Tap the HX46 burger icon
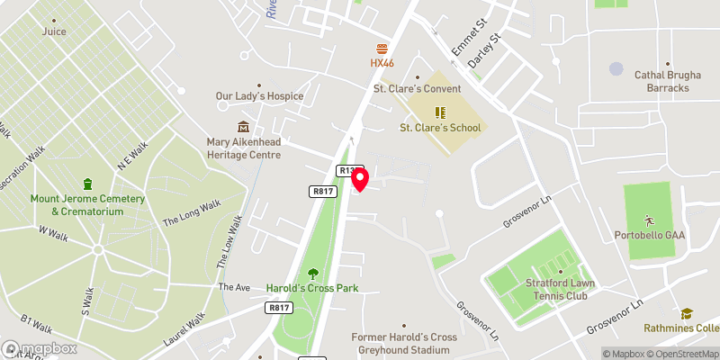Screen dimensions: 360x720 click(x=382, y=48)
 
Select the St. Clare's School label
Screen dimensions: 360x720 click(x=440, y=128)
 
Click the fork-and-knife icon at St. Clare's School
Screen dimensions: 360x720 click(x=440, y=112)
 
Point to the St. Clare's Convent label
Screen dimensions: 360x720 click(x=418, y=89)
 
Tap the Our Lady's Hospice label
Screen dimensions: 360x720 click(x=259, y=96)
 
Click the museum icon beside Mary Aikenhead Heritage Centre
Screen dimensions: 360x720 click(x=243, y=127)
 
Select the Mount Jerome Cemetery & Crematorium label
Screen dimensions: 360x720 click(x=87, y=204)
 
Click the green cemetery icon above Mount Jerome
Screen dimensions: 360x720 click(x=87, y=184)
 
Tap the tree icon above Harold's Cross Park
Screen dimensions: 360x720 click(x=312, y=273)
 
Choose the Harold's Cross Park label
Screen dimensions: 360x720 click(x=312, y=288)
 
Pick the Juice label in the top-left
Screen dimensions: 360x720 click(x=54, y=31)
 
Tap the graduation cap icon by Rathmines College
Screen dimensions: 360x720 click(x=687, y=313)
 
